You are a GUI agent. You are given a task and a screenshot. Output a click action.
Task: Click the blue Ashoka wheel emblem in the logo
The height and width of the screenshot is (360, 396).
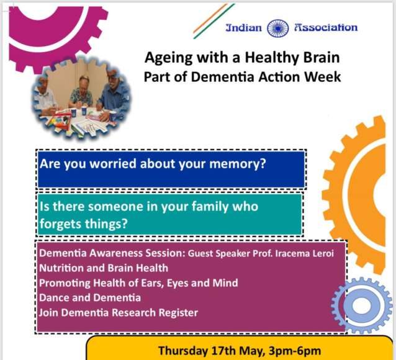click(278, 29)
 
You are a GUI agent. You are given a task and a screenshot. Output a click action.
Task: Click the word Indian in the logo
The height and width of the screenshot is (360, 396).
click(244, 27)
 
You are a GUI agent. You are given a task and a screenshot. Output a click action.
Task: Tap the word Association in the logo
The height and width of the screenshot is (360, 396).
click(326, 27)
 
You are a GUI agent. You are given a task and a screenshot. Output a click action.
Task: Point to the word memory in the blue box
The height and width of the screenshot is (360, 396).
click(238, 164)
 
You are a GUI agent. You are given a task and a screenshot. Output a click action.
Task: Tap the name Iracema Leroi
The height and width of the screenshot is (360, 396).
click(305, 253)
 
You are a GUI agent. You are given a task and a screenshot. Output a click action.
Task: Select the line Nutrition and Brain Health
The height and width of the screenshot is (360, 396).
click(104, 268)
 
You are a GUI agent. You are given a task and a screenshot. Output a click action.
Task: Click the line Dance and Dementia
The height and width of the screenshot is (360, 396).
click(90, 298)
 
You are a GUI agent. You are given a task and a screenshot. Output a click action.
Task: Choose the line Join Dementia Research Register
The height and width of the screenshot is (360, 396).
click(119, 313)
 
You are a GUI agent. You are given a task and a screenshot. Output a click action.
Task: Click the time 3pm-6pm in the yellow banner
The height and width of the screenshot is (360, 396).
click(295, 351)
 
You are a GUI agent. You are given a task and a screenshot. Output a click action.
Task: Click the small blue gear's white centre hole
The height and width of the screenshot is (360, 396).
click(362, 306)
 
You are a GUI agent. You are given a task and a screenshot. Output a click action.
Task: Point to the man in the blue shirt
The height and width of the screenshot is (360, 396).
click(114, 96)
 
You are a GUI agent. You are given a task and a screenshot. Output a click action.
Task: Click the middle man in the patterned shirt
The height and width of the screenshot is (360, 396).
click(81, 94)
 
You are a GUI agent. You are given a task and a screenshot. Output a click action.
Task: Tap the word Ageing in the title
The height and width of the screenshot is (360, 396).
click(168, 58)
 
